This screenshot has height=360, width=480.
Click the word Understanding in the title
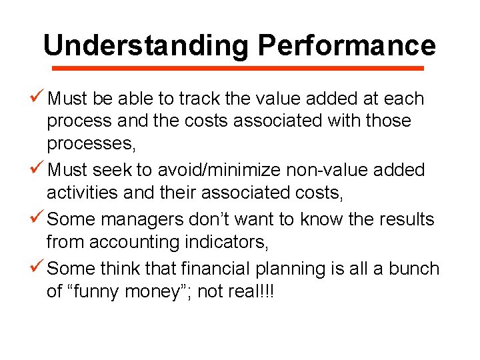tap(146, 45)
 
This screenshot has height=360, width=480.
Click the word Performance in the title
tap(346, 45)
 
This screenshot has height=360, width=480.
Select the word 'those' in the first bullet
tap(389, 121)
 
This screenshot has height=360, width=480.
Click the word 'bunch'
tap(415, 269)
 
